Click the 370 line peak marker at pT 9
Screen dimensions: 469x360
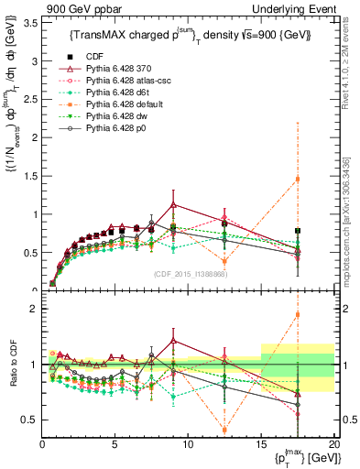point(174,204)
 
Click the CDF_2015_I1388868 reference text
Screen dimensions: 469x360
point(190,275)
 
